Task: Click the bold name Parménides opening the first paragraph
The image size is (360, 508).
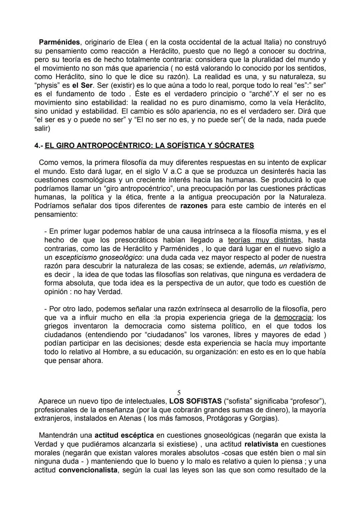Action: [59, 42]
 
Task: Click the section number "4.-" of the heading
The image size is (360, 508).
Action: [39, 146]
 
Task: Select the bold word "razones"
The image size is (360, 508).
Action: [194, 206]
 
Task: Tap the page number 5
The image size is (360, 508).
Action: [179, 393]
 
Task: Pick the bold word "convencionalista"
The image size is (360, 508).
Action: [88, 470]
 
